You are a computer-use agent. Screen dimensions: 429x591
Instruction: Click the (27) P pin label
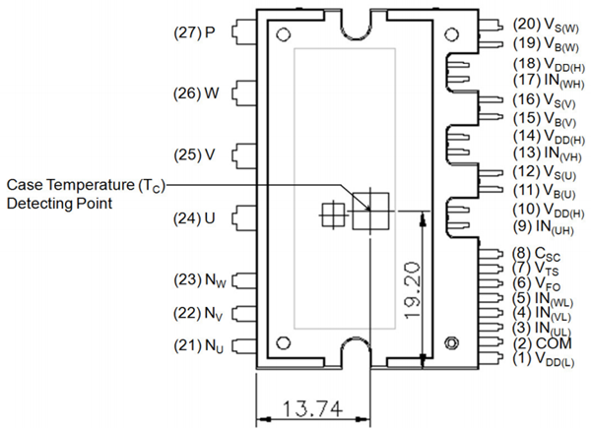click(194, 32)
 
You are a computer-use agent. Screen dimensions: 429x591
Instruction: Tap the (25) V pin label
click(195, 155)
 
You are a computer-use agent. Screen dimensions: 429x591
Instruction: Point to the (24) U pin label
click(195, 217)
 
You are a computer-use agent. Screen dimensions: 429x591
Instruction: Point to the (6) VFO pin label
click(538, 282)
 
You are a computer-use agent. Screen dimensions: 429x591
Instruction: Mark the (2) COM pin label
click(540, 343)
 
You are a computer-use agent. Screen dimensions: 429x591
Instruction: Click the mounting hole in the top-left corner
click(284, 33)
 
